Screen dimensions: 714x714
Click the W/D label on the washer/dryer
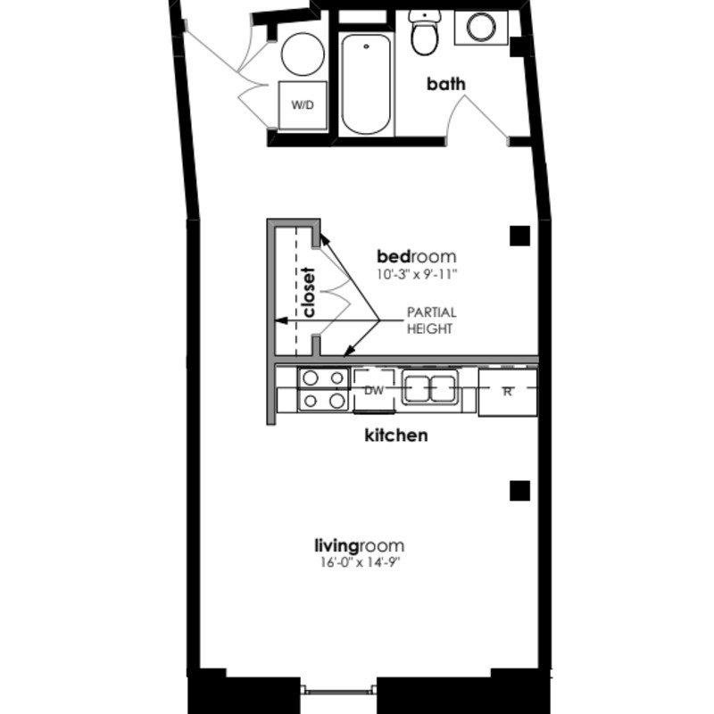click(x=303, y=105)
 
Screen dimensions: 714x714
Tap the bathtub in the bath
click(x=366, y=84)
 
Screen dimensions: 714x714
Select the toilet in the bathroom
click(x=425, y=32)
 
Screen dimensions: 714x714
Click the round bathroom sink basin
click(x=481, y=28)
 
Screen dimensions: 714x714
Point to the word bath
click(x=445, y=84)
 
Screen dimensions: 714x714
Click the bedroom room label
click(x=416, y=256)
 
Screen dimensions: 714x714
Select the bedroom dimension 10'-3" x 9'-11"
click(x=416, y=275)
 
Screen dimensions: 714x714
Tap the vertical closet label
click(x=309, y=292)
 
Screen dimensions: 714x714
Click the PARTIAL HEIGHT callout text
click(x=431, y=320)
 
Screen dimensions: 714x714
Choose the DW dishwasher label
click(x=374, y=390)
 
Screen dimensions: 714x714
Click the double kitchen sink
click(x=429, y=388)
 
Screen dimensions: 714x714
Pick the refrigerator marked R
click(x=507, y=392)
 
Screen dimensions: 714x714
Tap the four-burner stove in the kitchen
click(x=323, y=389)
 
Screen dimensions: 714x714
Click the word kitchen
click(x=396, y=436)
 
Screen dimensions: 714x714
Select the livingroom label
click(x=360, y=545)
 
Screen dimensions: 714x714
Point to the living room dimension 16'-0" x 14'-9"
click(x=360, y=563)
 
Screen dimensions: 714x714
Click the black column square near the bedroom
click(x=519, y=236)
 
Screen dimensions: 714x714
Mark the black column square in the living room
click(x=519, y=490)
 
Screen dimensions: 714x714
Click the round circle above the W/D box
click(x=303, y=54)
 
